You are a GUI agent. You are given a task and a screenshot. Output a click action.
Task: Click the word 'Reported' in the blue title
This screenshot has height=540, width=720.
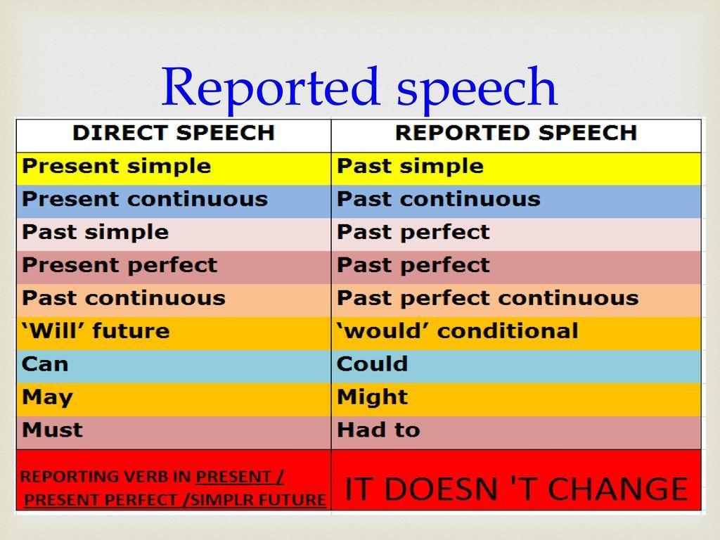click(271, 87)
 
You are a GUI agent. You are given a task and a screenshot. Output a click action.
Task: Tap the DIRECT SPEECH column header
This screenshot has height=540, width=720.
click(174, 133)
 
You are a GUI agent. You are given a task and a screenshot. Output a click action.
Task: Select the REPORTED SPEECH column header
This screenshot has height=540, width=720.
click(516, 133)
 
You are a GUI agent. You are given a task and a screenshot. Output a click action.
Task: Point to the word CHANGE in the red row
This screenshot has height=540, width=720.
click(618, 489)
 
